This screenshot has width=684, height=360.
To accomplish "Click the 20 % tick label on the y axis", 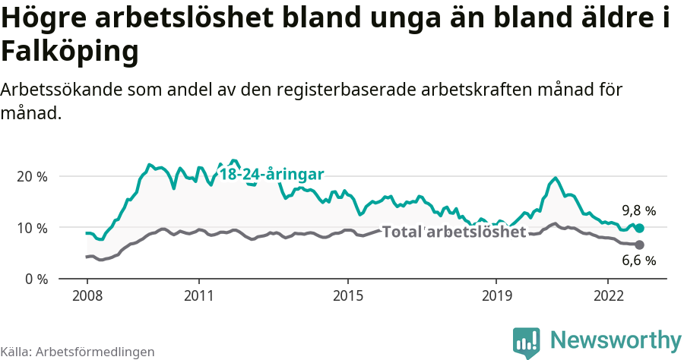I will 31,176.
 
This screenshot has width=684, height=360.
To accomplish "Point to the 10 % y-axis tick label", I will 31,228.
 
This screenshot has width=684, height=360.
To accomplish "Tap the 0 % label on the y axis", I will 35,279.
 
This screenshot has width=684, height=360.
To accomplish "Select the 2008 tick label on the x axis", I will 87,295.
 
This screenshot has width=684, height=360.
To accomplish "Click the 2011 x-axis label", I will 198,295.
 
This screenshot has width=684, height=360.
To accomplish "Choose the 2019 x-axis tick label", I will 496,295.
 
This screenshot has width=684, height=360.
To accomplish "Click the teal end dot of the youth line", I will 639,228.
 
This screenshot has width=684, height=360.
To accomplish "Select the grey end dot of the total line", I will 639,245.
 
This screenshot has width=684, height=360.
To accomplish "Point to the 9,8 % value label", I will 638,210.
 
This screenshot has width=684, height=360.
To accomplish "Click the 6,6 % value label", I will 638,261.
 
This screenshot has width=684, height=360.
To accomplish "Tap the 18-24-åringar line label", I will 271,174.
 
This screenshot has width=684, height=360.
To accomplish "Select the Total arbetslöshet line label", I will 454,232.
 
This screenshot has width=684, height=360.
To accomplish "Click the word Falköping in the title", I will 70,52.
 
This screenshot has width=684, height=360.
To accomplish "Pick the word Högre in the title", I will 46,19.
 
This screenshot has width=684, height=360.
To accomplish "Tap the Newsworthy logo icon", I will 527,342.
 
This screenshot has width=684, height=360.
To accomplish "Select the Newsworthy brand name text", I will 616,339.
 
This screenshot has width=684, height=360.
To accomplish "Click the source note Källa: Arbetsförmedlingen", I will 78,352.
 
